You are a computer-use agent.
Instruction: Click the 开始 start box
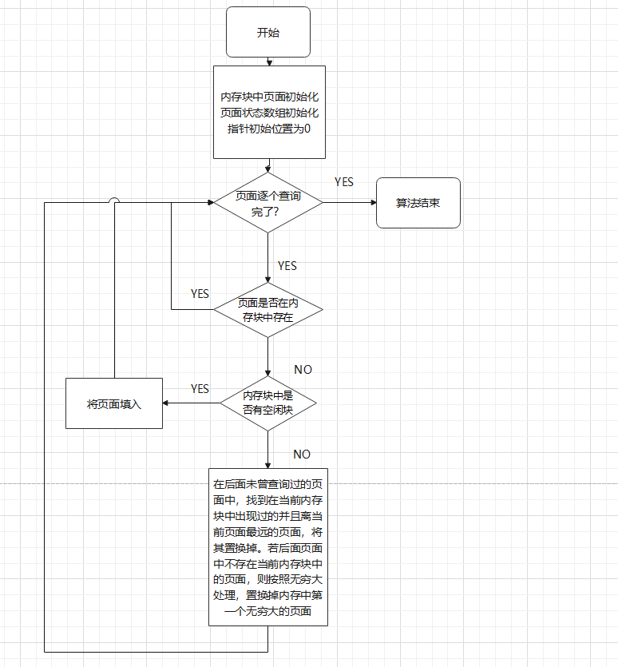pos(267,33)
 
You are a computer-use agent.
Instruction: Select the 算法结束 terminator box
pos(418,203)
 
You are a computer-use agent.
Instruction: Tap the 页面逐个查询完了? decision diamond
pos(267,203)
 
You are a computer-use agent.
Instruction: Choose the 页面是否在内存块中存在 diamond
pos(267,309)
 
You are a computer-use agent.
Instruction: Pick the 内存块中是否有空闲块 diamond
pos(267,403)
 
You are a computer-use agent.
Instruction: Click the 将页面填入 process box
pos(114,403)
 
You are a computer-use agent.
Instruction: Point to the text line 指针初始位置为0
pos(269,128)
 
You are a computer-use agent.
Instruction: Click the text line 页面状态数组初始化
pos(269,113)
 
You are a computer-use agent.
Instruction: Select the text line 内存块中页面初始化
pos(269,97)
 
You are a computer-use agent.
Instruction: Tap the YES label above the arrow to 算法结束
pos(343,183)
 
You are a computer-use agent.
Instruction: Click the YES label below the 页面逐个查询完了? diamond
pos(287,266)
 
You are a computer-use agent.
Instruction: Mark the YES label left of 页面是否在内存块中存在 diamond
pos(200,294)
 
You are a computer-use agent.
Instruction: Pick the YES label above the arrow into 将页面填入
pos(200,389)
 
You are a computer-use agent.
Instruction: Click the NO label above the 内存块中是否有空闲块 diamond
pos(303,370)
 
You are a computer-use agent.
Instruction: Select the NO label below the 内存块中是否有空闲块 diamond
pos(302,455)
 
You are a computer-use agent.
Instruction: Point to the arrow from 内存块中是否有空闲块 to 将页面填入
pos(192,403)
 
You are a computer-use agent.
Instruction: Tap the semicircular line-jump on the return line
pos(114,202)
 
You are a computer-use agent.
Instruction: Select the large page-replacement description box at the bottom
pos(267,546)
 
